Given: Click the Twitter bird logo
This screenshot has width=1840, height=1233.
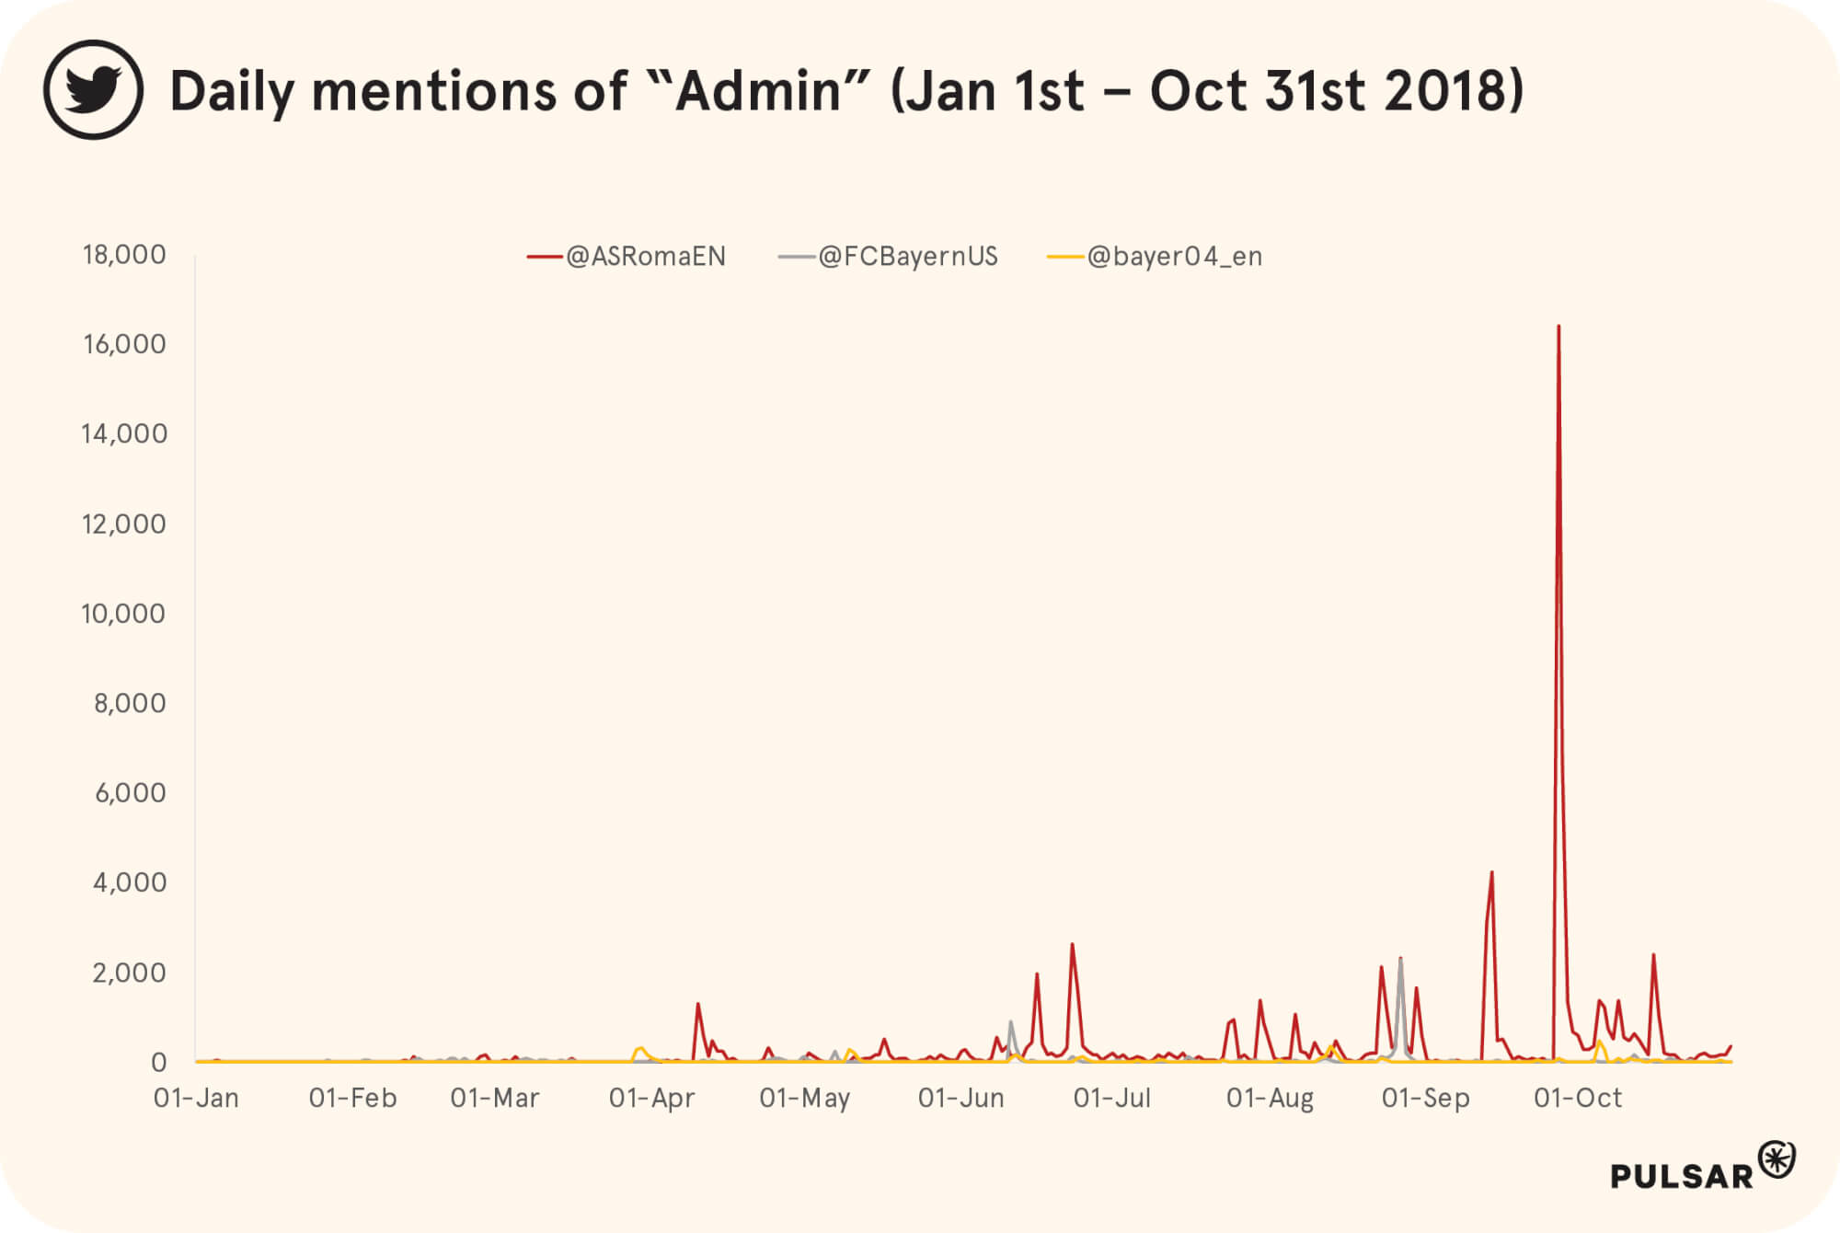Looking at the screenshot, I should pos(93,90).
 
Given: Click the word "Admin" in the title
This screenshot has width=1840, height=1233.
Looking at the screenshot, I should pos(758,91).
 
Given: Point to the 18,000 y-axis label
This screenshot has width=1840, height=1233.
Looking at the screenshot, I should pos(124,255).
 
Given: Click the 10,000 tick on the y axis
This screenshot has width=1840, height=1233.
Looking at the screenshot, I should pos(123,614).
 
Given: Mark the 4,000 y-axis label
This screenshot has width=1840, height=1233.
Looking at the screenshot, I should pos(130,882).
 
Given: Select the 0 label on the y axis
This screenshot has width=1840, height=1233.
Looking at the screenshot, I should pos(159,1063).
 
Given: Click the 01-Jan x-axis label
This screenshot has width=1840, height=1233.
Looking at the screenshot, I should pos(196,1098).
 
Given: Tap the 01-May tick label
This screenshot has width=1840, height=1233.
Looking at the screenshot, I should pos(805,1098).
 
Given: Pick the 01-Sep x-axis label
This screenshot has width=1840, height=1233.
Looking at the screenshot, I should pos(1426,1098).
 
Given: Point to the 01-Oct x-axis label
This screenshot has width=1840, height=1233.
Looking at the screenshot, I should pos(1578,1098).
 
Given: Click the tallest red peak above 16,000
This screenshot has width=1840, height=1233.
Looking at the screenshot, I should pos(1558,328).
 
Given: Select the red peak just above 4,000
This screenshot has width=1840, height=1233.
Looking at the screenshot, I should pos(1491,873).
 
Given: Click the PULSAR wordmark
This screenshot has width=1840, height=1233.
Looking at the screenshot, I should pos(1682,1176).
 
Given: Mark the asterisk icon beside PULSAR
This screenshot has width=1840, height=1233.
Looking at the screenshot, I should pos(1777,1159).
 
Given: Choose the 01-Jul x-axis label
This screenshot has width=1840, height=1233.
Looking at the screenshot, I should pos(1112,1098).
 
